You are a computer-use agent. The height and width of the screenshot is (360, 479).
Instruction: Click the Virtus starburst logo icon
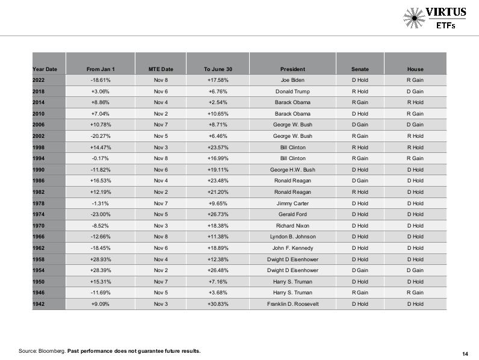[x=415, y=17]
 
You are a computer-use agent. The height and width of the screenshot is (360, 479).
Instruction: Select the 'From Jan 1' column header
[x=100, y=69]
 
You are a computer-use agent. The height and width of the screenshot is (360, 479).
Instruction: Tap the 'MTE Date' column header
[x=161, y=69]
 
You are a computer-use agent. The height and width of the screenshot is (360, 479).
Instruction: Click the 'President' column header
[x=292, y=69]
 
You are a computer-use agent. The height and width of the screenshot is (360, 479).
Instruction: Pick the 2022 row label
[x=39, y=80]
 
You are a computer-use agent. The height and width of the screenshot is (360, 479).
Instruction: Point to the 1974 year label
[x=39, y=214]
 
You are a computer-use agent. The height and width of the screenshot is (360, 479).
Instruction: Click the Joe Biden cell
[x=292, y=80]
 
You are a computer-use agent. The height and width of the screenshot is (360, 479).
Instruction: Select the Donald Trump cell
[x=292, y=92]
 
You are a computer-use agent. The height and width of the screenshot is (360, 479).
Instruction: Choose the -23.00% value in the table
[x=100, y=214]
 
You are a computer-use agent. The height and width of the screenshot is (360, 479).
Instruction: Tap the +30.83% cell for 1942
[x=218, y=304]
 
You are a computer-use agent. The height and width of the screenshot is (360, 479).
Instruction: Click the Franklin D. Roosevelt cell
[x=292, y=304]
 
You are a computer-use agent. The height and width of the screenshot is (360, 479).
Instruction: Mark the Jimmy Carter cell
[x=292, y=203]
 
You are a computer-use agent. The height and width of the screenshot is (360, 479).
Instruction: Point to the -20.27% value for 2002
[x=100, y=136]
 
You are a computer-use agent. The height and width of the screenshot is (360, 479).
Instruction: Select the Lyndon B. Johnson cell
[x=292, y=237]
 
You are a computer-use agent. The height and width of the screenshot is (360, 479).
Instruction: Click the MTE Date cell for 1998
[x=161, y=147]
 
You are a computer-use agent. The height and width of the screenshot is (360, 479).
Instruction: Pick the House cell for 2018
[x=415, y=92]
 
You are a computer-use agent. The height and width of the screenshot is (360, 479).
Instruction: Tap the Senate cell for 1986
[x=360, y=181]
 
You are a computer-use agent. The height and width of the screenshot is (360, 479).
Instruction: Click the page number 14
[x=465, y=353]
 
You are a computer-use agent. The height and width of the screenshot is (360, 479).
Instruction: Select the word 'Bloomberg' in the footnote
[x=52, y=350]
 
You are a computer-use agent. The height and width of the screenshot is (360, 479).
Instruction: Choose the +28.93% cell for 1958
[x=100, y=259]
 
